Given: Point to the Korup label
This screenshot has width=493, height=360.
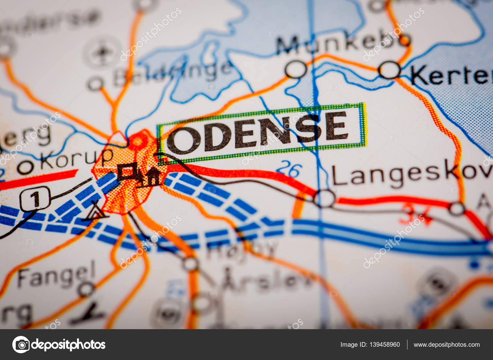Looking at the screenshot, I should tap(77, 158).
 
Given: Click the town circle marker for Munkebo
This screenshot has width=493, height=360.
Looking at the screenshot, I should tap(296, 69).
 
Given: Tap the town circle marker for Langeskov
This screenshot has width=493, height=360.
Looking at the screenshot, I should tap(324, 198).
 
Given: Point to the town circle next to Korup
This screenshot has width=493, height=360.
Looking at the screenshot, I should tap(25, 167).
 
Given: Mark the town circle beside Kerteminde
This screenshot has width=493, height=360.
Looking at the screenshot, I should tap(389, 70).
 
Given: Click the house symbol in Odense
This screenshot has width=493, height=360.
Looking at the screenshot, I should tap(153, 176).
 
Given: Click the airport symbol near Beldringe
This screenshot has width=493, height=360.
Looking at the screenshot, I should tap(102, 52).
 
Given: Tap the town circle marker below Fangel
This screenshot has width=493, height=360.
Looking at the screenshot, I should tap(86, 289).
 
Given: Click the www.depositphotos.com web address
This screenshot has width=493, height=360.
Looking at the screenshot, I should tap(446, 345).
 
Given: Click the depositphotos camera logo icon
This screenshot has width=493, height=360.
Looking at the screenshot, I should tap(21, 344).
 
